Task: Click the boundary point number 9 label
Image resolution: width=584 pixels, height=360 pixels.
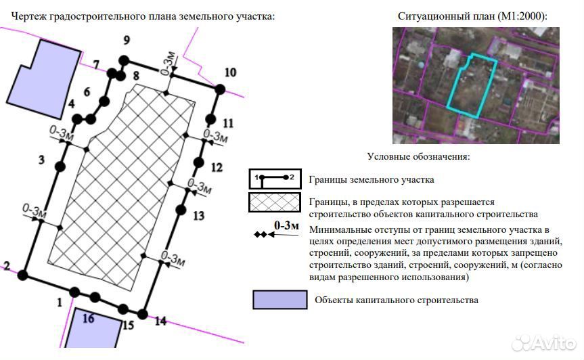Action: click(127, 40)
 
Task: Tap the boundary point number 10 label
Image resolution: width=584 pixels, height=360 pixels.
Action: click(230, 72)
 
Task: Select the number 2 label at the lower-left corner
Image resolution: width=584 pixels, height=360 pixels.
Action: click(7, 266)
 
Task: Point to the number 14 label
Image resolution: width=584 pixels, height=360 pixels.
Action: click(160, 321)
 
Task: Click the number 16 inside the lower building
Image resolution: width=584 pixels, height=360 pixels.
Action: click(88, 318)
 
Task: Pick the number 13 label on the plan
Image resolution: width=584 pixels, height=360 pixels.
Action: click(198, 216)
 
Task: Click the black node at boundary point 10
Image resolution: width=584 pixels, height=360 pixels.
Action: click(220, 89)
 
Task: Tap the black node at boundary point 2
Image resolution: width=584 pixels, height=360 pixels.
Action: click(23, 275)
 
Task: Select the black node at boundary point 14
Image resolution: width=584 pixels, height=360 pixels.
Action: click(142, 314)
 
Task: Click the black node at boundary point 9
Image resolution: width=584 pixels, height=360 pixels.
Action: click(124, 60)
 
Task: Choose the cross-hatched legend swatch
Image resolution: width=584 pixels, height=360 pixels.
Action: click(275, 202)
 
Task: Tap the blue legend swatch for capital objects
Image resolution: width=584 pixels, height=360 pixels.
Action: click(280, 300)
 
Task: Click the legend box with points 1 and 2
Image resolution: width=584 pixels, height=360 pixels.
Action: click(275, 179)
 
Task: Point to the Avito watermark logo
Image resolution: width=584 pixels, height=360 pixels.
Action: click(544, 342)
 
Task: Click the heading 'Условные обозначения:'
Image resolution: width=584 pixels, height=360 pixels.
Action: click(418, 156)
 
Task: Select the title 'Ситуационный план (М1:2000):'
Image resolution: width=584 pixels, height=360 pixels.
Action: click(472, 16)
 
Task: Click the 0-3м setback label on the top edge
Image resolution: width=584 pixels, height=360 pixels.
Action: click(169, 62)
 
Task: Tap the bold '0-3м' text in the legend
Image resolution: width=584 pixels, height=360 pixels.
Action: click(286, 225)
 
